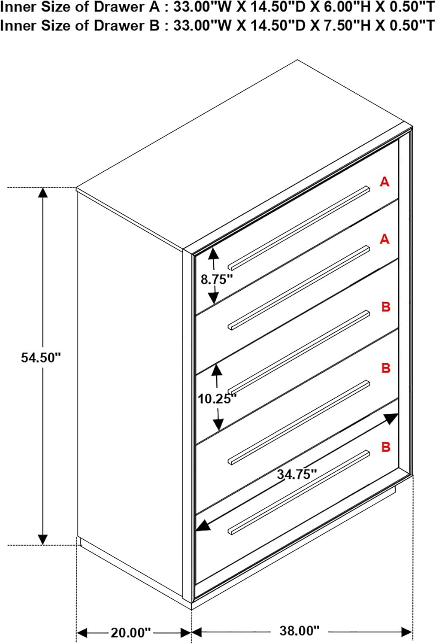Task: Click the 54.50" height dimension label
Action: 41,358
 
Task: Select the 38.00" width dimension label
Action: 300,631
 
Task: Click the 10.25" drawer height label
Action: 217,398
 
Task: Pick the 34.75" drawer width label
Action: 297,474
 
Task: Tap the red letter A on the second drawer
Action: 385,239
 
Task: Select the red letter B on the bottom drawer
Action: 386,447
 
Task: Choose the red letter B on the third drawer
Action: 386,307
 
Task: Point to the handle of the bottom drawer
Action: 299,492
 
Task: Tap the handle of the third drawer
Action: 299,352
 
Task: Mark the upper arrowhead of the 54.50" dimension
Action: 43,193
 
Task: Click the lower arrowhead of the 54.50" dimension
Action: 43,539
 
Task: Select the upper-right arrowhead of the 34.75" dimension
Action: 391,418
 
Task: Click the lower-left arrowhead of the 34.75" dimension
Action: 202,525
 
